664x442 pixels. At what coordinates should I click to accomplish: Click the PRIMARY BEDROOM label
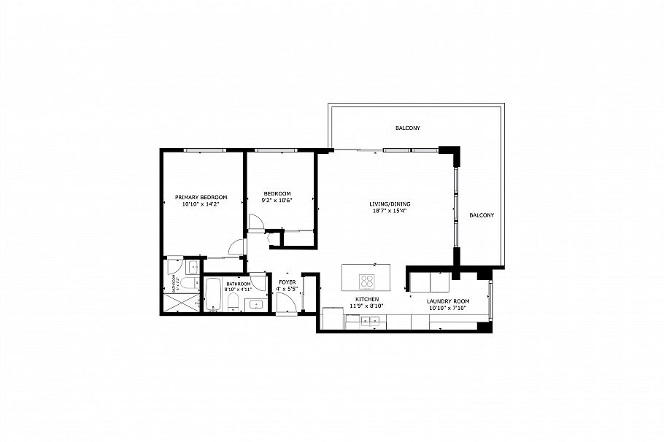pos(201,198)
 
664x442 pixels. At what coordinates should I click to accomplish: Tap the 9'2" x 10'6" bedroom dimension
pos(277,201)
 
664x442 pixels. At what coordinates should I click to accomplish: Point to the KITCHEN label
pos(366,300)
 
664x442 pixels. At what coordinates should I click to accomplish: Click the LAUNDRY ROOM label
pos(447,301)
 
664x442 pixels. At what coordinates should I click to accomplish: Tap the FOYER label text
pos(287,282)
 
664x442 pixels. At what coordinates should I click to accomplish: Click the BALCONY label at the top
pos(407,128)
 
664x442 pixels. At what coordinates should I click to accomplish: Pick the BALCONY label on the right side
pos(482,215)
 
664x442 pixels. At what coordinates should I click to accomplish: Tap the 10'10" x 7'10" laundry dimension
pos(447,308)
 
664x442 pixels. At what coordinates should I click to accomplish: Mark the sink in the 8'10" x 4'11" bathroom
pos(256,304)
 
